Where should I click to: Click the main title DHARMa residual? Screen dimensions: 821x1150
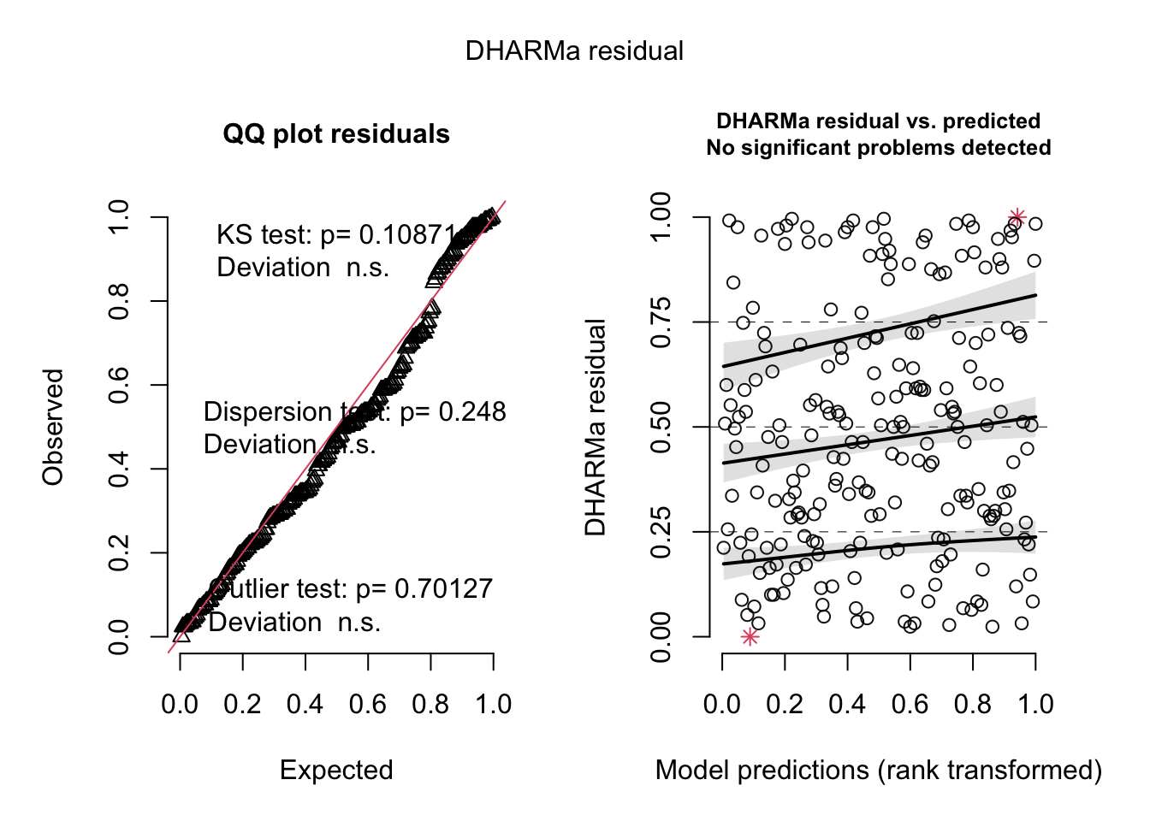click(574, 51)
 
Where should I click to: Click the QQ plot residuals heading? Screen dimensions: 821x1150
click(336, 134)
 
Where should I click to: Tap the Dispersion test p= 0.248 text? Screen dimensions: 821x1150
click(354, 412)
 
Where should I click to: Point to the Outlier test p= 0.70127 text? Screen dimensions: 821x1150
click(351, 589)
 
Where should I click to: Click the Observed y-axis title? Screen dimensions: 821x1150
click(53, 427)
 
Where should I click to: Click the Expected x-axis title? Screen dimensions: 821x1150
click(336, 770)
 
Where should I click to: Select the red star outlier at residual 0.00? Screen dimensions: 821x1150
click(750, 637)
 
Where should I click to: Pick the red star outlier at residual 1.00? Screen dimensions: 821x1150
click(1017, 217)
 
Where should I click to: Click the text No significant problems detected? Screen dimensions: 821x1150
click(879, 148)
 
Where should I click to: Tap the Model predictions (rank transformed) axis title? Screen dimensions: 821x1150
click(879, 770)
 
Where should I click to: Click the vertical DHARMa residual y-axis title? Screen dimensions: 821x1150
click(596, 427)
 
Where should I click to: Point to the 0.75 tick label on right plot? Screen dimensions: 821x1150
click(661, 322)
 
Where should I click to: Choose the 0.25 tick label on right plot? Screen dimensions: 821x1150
click(661, 532)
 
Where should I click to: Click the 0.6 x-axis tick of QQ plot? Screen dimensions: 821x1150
click(368, 704)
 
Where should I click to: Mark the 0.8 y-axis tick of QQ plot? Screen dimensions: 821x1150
click(119, 301)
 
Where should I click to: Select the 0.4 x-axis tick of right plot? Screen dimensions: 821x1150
click(847, 704)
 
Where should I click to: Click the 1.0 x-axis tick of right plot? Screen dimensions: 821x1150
click(1035, 704)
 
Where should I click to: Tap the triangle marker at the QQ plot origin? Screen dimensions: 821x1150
click(181, 634)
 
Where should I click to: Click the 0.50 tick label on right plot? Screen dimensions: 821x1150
click(661, 427)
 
